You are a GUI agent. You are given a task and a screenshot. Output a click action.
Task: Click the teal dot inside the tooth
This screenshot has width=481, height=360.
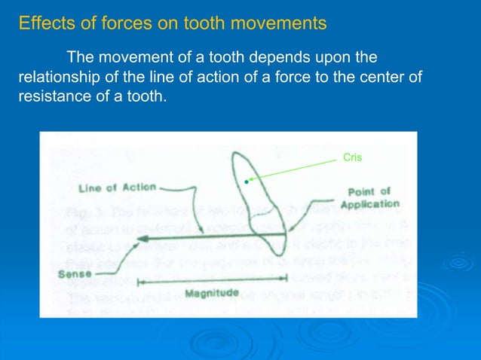[246, 182]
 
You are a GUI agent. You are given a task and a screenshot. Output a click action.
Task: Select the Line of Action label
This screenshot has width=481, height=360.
[117, 188]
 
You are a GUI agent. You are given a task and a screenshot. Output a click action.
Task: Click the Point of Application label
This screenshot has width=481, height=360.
[369, 198]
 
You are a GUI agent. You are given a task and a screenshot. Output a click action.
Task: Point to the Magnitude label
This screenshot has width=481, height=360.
[212, 292]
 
